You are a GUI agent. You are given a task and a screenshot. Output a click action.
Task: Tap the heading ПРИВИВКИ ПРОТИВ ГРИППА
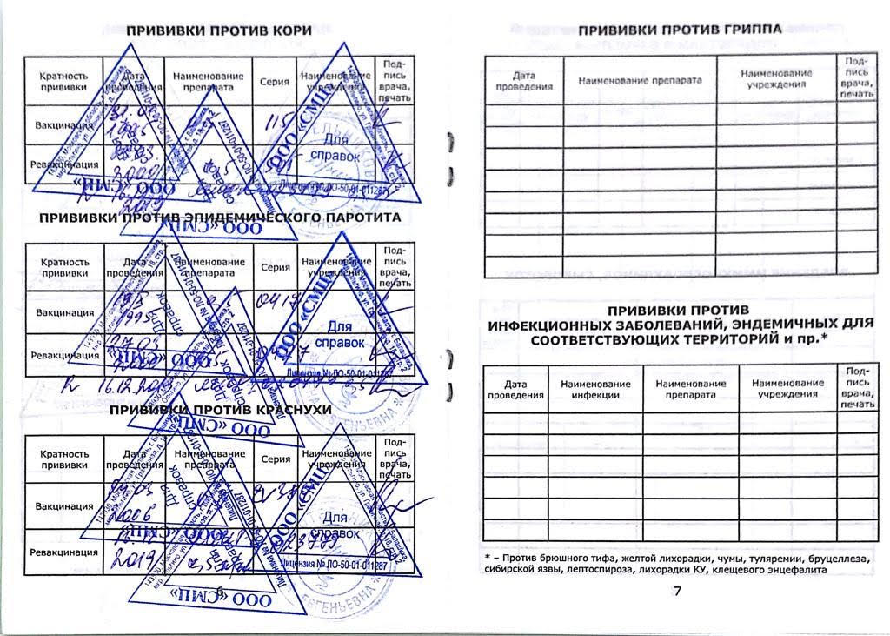[x=680, y=29]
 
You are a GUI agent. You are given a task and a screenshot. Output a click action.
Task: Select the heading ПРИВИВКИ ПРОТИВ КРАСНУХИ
[x=221, y=409]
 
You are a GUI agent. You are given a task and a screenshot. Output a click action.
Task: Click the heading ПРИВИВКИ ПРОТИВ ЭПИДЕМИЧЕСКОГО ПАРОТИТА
[x=220, y=216]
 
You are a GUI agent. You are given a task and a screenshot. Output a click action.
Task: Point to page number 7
[x=677, y=592]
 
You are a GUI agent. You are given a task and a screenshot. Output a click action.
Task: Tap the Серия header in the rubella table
[x=275, y=459]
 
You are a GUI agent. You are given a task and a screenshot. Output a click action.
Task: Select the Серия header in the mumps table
[x=275, y=267]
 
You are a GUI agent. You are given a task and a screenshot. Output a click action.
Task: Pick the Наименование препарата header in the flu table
[x=640, y=81]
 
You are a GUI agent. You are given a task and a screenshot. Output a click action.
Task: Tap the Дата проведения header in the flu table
[x=524, y=82]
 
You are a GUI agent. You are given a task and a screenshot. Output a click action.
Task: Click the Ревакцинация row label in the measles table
[x=62, y=164]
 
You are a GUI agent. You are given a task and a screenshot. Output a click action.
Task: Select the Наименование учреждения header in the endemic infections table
[x=787, y=388]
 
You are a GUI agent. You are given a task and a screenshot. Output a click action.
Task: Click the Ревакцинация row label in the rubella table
[x=62, y=552]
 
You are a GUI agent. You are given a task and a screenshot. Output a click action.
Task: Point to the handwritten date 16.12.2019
[x=130, y=384]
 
